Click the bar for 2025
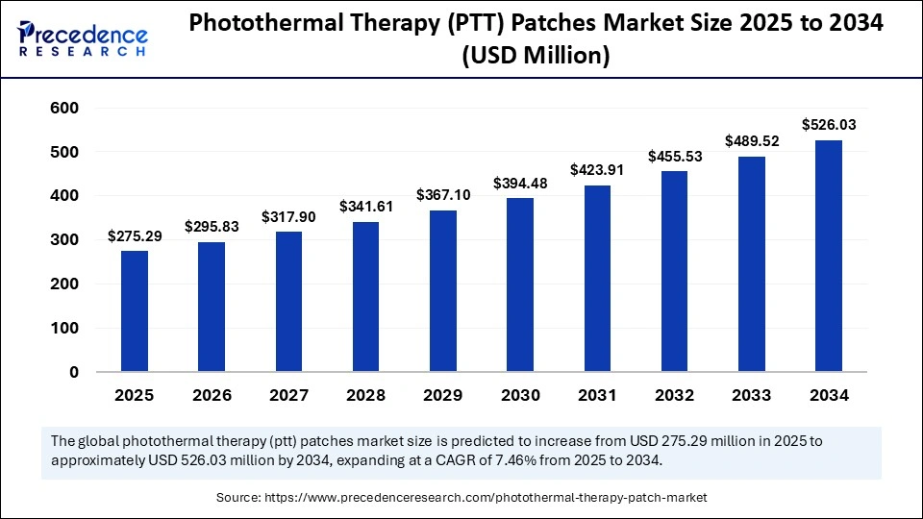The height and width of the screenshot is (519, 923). [135, 311]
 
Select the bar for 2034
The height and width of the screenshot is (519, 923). [829, 256]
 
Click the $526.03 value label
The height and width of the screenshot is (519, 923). [829, 125]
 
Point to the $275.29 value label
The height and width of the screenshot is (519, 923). [135, 235]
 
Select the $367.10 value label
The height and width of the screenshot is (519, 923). [443, 195]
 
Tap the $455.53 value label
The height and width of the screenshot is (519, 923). [674, 156]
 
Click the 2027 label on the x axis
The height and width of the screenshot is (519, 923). [288, 395]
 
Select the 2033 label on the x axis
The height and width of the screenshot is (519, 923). [751, 395]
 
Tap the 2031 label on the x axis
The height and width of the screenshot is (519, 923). [597, 395]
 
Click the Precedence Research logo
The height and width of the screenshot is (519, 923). [83, 37]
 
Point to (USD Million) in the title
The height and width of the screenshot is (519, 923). [536, 57]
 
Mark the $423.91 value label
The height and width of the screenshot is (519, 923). [597, 170]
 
